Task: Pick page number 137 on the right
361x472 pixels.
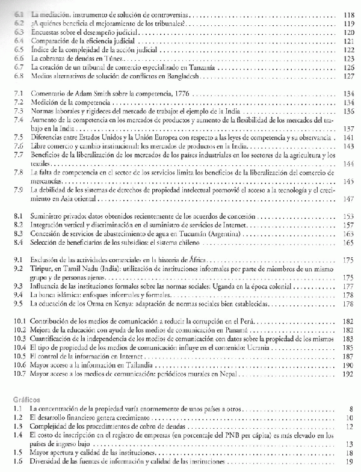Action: (x=346, y=129)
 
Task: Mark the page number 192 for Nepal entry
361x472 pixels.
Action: (x=346, y=373)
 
